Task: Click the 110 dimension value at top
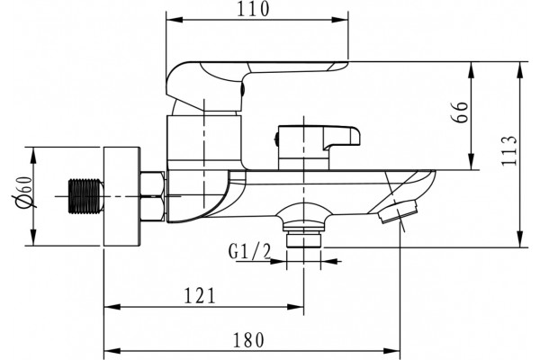(x=253, y=9)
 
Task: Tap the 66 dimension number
(x=460, y=112)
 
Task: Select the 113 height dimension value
(x=509, y=150)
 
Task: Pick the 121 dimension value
(x=200, y=295)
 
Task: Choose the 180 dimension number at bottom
(x=248, y=339)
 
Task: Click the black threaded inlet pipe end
(x=86, y=196)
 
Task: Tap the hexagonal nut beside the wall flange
(x=152, y=196)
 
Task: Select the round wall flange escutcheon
(x=121, y=197)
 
